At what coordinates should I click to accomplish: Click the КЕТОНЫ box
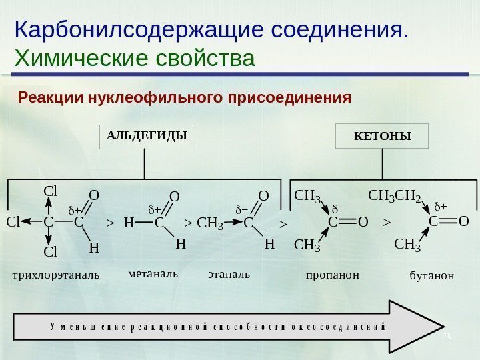pos(382,136)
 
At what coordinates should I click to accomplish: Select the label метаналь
pos(153,273)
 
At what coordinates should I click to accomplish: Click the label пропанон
pos(332,274)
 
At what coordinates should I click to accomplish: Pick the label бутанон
pos(431,275)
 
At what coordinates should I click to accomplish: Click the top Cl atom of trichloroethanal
pos(50,191)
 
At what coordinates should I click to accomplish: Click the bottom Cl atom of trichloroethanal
pos(50,252)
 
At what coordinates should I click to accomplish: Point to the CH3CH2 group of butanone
pos(395,197)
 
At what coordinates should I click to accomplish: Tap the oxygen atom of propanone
pos(363,221)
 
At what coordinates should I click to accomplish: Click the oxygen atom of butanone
pos(464,221)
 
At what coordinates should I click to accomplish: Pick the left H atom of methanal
pos(129,222)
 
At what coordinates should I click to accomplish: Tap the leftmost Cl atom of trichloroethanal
pos(14,222)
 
